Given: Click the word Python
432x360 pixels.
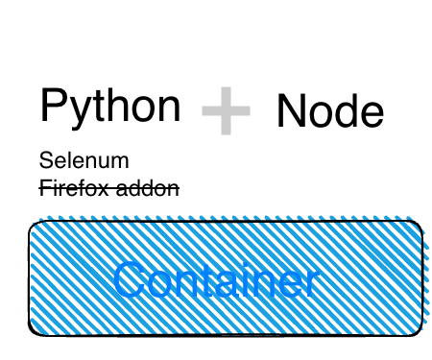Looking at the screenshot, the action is [x=109, y=106].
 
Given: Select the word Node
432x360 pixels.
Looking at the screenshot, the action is [x=329, y=111].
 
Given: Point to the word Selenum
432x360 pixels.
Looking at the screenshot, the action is [x=84, y=160].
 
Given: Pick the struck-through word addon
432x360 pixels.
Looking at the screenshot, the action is [x=147, y=188].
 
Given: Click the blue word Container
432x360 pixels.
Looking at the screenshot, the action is [x=215, y=280].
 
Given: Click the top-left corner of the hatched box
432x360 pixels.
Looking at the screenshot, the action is [x=32, y=224].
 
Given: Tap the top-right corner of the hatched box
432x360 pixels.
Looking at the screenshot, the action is [x=420, y=224].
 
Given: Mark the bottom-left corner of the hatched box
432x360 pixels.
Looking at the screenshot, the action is [x=32, y=333].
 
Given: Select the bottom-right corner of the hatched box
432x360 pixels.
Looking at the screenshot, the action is [x=420, y=333].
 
